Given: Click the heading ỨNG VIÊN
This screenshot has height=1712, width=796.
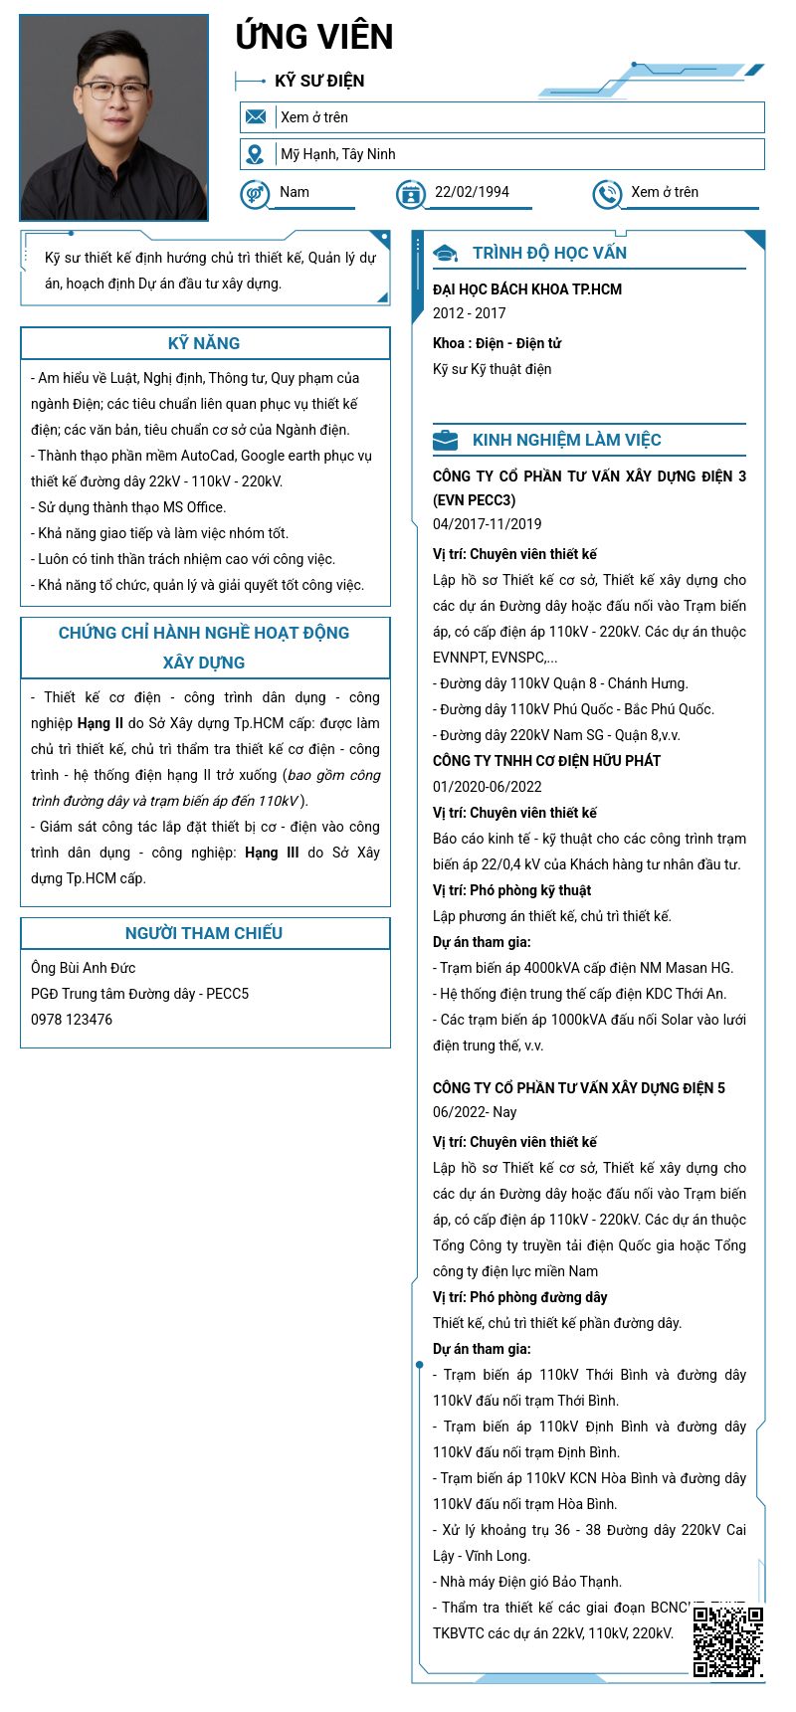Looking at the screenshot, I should (314, 37).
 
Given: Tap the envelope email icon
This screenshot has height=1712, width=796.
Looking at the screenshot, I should (256, 117).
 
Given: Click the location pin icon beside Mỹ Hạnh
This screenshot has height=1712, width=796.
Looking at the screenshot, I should (256, 154).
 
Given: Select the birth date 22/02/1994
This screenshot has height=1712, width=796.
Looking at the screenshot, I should (472, 192).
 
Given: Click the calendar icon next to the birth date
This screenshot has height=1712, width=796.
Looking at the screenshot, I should (410, 194).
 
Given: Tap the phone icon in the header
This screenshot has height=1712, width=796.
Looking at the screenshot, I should (606, 194).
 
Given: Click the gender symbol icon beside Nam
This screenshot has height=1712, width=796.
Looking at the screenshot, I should (255, 193).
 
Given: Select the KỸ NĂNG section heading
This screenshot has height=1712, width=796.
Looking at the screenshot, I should (204, 343).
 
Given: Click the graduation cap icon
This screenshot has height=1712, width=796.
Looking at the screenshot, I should (446, 254).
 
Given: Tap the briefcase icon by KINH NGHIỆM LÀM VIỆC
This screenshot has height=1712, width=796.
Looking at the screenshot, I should (446, 440).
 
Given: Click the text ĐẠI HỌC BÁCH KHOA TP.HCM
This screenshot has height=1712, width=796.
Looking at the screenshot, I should (527, 289).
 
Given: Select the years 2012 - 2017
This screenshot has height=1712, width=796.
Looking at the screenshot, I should (470, 313).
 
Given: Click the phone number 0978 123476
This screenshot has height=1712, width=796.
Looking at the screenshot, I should (72, 1020).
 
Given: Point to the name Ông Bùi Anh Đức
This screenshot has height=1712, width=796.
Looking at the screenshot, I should (84, 968).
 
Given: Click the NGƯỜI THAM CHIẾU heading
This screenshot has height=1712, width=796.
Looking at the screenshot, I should (204, 933).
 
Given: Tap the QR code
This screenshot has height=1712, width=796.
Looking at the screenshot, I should (728, 1641).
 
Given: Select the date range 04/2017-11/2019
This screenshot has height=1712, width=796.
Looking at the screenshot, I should (488, 524).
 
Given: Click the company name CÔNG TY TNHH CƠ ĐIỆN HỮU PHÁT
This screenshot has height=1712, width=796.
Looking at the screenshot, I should (547, 761).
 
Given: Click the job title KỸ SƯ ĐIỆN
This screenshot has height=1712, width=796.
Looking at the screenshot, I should (319, 82).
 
